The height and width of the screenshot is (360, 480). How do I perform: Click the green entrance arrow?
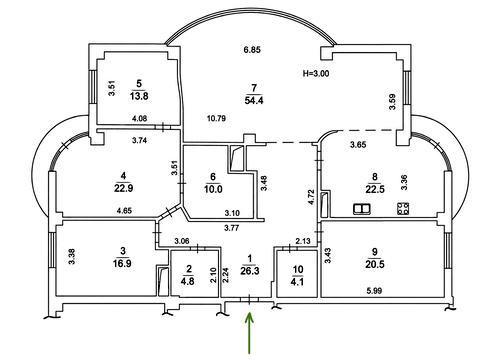click(250, 332)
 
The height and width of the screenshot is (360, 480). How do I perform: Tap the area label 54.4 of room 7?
click(254, 100)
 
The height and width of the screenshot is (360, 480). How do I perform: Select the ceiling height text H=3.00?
click(316, 73)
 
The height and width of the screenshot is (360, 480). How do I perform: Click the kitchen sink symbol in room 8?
click(361, 209)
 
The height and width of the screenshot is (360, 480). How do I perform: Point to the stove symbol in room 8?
click(403, 209)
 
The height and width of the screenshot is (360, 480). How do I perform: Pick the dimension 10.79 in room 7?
click(216, 118)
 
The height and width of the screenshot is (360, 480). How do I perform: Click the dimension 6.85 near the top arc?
click(252, 50)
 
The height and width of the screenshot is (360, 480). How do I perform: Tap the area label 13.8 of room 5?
click(139, 96)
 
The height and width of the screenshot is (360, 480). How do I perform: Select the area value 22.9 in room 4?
click(124, 188)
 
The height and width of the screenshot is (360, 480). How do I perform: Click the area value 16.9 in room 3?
click(122, 263)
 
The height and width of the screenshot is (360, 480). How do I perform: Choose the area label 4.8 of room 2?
click(188, 281)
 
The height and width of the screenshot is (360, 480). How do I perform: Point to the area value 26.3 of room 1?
click(250, 271)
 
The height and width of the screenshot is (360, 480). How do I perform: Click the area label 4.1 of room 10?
click(298, 282)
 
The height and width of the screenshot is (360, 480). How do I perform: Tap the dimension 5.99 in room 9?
click(374, 291)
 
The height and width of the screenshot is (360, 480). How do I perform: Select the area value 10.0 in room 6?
click(213, 189)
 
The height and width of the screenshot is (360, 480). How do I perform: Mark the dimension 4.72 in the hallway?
click(311, 197)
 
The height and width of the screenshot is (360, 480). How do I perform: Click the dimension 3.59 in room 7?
click(392, 102)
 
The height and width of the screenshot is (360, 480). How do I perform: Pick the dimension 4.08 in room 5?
click(140, 118)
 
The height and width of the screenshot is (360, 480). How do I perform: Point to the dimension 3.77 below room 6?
click(232, 228)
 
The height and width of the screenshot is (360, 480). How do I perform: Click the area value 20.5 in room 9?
click(375, 264)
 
